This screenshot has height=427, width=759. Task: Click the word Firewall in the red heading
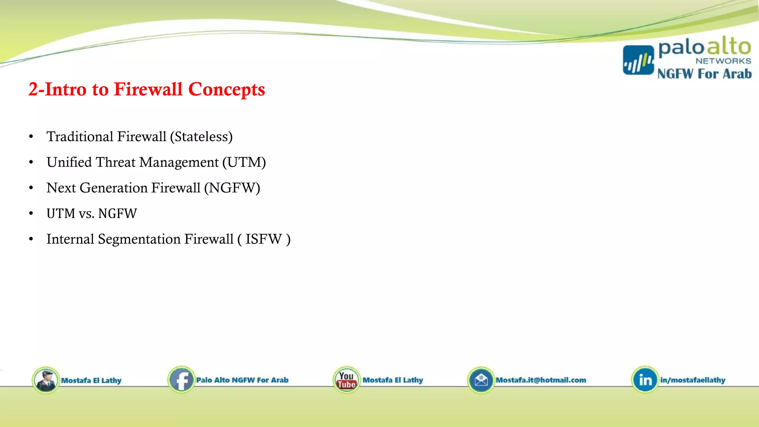click(x=148, y=89)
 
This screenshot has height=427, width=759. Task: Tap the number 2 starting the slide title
click(x=33, y=89)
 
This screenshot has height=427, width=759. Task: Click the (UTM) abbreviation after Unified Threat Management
click(x=244, y=162)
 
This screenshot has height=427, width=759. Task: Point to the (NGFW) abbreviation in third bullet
click(x=232, y=188)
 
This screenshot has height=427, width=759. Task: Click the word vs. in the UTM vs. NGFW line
click(x=86, y=214)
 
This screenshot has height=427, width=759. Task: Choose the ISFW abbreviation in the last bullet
click(x=264, y=239)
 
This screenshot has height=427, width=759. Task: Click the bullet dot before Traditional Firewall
click(x=31, y=137)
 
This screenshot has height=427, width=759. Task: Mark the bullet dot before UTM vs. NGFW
click(x=31, y=213)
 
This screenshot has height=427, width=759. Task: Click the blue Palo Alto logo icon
click(x=638, y=60)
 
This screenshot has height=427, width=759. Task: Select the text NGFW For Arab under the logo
click(x=704, y=74)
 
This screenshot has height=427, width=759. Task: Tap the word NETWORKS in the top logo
click(x=723, y=61)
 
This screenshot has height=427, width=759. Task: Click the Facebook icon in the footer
click(x=181, y=380)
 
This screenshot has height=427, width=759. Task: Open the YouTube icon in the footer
click(x=347, y=380)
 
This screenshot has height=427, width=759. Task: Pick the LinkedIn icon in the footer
click(x=645, y=380)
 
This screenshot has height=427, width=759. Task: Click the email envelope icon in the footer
click(x=481, y=380)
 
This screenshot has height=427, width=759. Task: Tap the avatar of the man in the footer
click(x=46, y=380)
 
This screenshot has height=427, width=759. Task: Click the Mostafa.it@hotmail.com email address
click(x=541, y=380)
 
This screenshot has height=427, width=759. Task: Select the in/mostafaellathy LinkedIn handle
click(x=692, y=380)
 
